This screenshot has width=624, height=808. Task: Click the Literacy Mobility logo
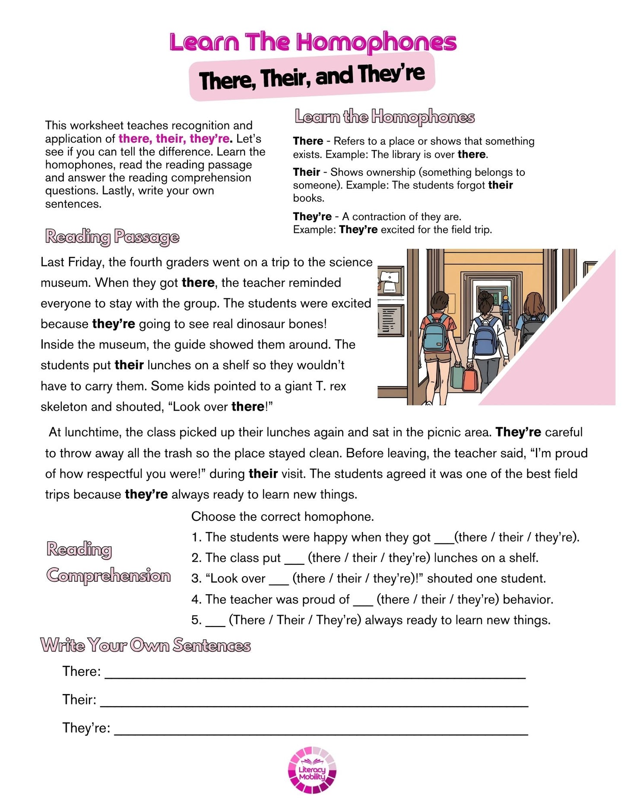[312, 770]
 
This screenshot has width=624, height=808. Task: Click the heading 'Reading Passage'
[112, 237]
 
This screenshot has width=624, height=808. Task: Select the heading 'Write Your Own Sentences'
[146, 645]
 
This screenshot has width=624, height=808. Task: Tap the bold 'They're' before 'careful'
[518, 432]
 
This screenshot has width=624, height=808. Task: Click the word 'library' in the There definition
[405, 155]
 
